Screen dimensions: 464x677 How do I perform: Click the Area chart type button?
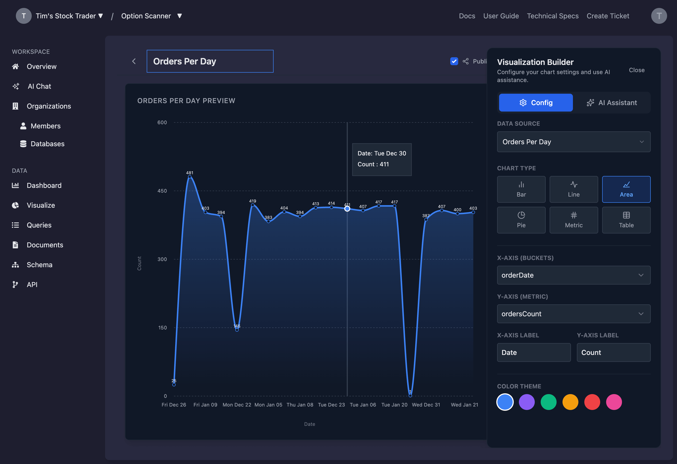pyautogui.click(x=626, y=189)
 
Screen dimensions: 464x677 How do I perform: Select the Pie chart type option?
pyautogui.click(x=521, y=220)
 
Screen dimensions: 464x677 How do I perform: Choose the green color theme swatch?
pyautogui.click(x=548, y=402)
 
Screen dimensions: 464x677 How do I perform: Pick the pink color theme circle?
pyautogui.click(x=614, y=402)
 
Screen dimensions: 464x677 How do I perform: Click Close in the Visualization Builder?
pyautogui.click(x=637, y=70)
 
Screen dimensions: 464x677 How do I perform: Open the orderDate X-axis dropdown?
pyautogui.click(x=573, y=275)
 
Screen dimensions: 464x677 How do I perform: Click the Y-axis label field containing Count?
pyautogui.click(x=613, y=352)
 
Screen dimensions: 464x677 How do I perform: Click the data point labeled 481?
pyautogui.click(x=190, y=177)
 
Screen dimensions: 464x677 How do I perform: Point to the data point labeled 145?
pyautogui.click(x=237, y=330)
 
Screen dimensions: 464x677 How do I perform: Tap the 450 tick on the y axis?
pyautogui.click(x=162, y=191)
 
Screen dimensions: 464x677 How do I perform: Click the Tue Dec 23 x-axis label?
pyautogui.click(x=331, y=405)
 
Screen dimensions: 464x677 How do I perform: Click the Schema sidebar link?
pyautogui.click(x=39, y=265)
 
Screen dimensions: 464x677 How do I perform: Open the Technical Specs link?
pyautogui.click(x=552, y=16)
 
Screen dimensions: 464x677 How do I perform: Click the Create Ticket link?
pyautogui.click(x=608, y=16)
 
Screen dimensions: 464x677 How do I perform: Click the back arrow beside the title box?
pyautogui.click(x=134, y=61)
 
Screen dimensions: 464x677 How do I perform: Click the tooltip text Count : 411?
pyautogui.click(x=373, y=164)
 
